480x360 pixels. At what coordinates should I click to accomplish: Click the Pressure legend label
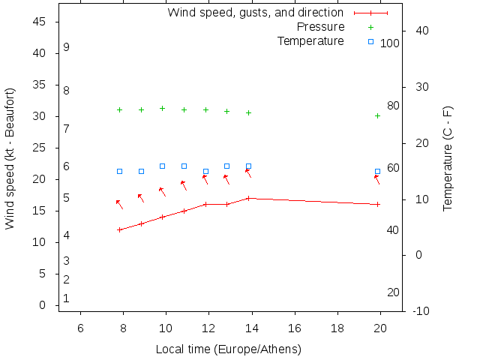320,27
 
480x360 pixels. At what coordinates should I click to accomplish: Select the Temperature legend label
310,40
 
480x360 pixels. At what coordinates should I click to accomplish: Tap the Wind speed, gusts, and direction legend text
255,13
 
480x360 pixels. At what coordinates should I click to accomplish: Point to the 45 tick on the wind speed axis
40,22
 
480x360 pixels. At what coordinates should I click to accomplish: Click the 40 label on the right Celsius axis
421,31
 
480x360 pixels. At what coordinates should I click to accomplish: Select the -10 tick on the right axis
421,310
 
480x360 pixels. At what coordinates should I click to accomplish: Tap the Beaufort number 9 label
66,47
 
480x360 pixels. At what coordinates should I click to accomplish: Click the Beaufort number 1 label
66,298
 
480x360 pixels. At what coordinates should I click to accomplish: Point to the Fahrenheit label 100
390,43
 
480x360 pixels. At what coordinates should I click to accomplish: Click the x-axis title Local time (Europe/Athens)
228,349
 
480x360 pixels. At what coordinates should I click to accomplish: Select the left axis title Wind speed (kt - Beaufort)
10,158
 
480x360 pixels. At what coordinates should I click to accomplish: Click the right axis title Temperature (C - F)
448,158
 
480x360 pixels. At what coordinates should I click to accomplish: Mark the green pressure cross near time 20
377,115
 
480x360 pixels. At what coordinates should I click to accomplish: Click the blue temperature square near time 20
377,171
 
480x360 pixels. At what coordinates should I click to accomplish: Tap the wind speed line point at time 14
248,198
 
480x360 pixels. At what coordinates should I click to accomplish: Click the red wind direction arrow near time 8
119,204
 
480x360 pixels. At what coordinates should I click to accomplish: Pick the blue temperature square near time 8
119,171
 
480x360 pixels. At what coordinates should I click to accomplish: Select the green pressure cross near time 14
248,112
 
